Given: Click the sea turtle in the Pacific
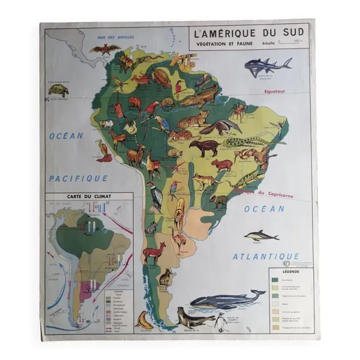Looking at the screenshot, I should (x=59, y=90).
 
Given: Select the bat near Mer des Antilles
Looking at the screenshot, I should (x=105, y=49).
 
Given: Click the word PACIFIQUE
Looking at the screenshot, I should (x=78, y=178).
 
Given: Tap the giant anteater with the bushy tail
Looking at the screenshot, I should (x=220, y=127).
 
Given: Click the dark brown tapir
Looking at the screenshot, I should (x=204, y=148).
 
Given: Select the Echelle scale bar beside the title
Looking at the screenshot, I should (x=292, y=43).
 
